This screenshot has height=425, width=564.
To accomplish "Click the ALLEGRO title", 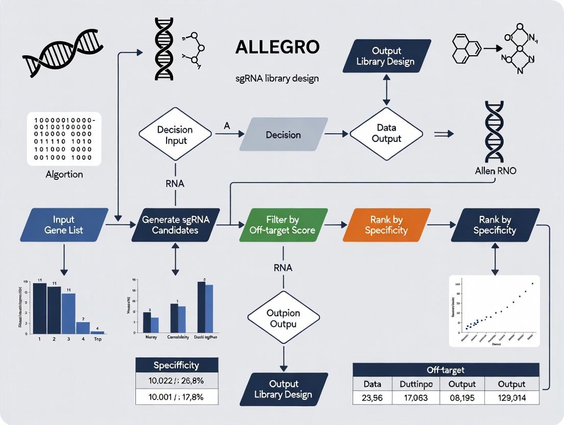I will point(277,47).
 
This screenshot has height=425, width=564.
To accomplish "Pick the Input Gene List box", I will point(64,225).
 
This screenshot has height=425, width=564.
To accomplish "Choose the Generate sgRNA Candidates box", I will point(176,225).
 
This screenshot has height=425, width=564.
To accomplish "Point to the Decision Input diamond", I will point(175,134).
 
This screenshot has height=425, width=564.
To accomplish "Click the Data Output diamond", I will point(386,134).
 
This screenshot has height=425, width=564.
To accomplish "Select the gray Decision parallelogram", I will point(284,135).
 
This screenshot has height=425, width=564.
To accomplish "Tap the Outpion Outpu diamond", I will point(284,318).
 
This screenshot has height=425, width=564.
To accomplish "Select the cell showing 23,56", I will point(372,398).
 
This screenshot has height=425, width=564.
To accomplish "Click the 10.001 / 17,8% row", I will point(177,396).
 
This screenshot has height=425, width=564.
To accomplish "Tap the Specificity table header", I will point(177,365).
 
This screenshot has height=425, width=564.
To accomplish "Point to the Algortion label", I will point(64,175).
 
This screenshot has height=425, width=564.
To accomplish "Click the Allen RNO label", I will point(495,171).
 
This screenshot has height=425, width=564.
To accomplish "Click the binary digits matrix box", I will point(64,139).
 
